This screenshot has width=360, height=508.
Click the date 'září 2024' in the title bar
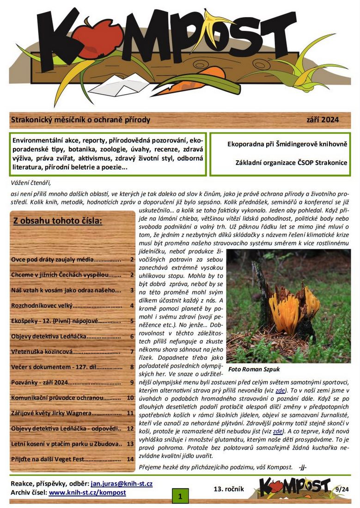[x=322, y=120]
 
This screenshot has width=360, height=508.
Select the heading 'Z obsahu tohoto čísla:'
[x=58, y=220]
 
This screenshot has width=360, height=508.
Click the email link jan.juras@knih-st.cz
[x=122, y=484]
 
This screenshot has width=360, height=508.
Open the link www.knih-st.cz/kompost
[x=87, y=492]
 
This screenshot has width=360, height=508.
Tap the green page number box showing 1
[x=180, y=496]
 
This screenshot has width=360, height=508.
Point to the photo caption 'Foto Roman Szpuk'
[x=254, y=369]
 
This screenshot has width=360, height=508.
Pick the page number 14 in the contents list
[x=130, y=459]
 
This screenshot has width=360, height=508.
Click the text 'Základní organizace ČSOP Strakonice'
[x=291, y=163]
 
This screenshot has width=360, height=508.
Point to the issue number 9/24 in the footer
[x=342, y=489]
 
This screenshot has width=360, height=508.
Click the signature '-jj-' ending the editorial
[x=303, y=467]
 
